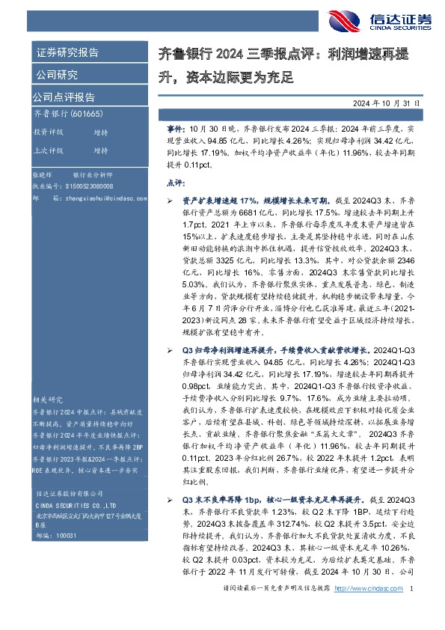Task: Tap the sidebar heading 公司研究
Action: tap(56, 75)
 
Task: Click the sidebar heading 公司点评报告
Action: tap(64, 97)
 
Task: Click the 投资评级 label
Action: tap(48, 132)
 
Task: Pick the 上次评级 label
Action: tap(48, 150)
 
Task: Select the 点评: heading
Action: tap(174, 182)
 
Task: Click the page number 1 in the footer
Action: tap(412, 611)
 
